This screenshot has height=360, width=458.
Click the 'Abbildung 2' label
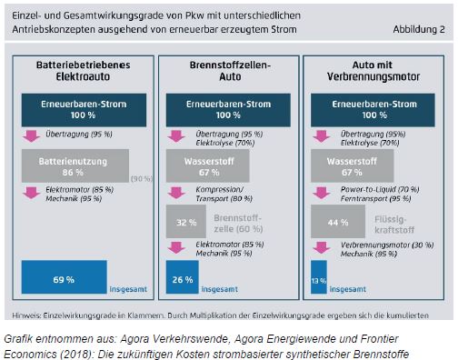pos(418,29)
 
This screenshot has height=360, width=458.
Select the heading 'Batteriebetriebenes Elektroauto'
pos(84,72)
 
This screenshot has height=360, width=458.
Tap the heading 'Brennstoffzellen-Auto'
pos(227,72)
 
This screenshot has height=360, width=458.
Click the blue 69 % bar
pos(63,278)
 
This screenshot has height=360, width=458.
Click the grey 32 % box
pos(185,221)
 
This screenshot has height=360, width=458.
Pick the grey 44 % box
pos(337,221)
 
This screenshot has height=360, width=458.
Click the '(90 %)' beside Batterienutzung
pos(141,177)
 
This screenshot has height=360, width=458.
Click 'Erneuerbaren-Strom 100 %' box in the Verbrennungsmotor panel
pos(370,110)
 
